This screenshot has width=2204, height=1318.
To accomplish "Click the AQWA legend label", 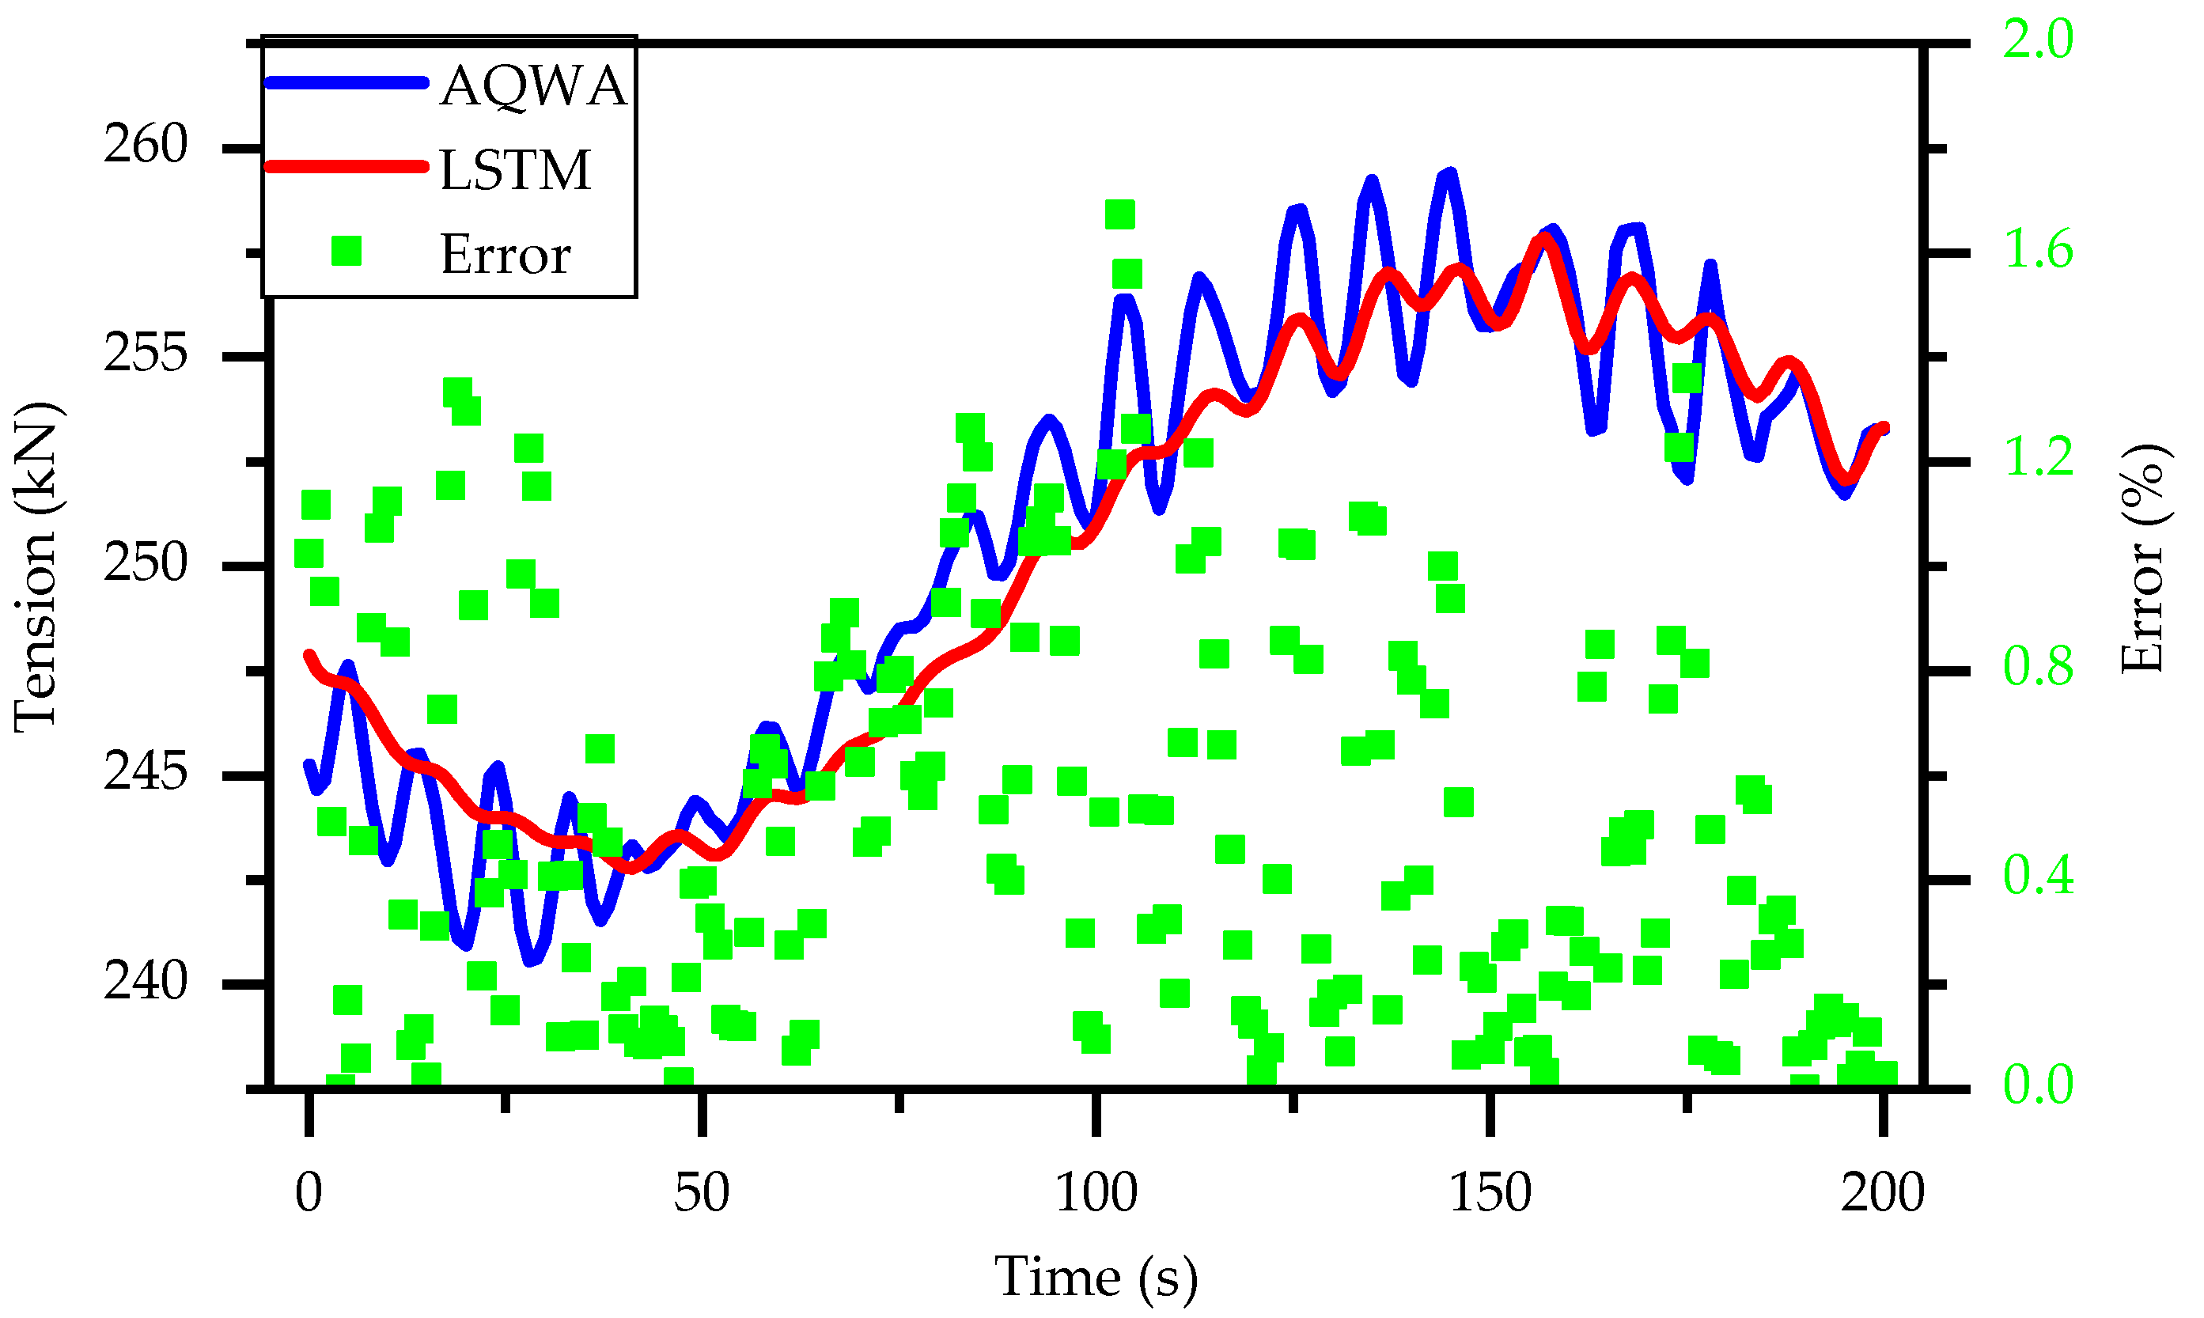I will click(532, 86).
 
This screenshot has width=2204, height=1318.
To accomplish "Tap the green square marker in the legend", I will click(347, 252).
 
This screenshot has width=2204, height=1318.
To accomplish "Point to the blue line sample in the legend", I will click(347, 82).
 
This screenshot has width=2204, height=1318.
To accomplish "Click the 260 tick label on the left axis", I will click(146, 144).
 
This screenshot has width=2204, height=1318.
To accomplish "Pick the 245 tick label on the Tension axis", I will click(146, 772).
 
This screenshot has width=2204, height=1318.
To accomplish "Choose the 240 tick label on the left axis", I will click(146, 982).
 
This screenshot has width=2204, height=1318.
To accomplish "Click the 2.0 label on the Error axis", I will click(2039, 40).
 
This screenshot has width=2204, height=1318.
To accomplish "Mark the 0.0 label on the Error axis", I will click(2039, 1085).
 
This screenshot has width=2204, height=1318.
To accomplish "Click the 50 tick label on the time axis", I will click(702, 1193).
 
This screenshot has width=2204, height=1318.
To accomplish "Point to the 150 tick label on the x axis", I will click(1490, 1193).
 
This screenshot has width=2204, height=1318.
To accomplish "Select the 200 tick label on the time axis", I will click(1883, 1193).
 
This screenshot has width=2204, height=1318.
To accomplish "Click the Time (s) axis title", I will click(1096, 1277).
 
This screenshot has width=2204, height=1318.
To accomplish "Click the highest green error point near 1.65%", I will click(1119, 214).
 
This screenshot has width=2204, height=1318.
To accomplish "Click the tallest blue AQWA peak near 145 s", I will click(1449, 174).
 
